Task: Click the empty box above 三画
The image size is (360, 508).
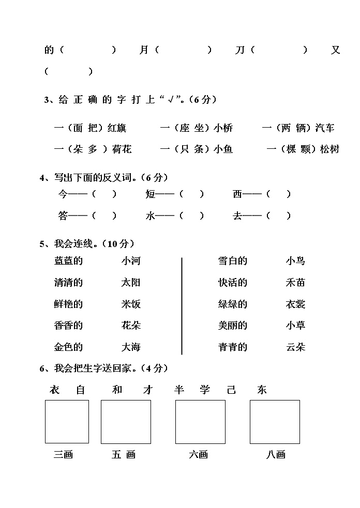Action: [x=67, y=422]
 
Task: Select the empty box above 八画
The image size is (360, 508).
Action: [x=275, y=422]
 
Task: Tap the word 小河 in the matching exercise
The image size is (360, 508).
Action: [x=131, y=261]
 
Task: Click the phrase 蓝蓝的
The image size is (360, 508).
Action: [x=68, y=261]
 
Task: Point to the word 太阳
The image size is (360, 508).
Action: [x=131, y=283]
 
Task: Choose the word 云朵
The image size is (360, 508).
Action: [x=295, y=347]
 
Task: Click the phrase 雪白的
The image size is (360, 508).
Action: [x=233, y=261]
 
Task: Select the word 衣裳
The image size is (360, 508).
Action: [x=295, y=304]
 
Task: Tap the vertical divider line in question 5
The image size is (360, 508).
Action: [x=182, y=306]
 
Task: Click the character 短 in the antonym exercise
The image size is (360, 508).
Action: [x=151, y=194]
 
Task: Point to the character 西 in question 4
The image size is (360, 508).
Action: [x=238, y=194]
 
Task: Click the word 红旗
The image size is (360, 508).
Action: [x=116, y=128]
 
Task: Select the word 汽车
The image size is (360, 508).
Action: [x=325, y=128]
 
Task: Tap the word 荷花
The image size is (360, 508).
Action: [x=122, y=149]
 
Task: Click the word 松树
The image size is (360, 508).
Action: [x=329, y=149]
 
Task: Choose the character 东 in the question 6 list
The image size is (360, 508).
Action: [x=262, y=390]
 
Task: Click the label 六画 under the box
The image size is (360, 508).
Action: [x=198, y=455]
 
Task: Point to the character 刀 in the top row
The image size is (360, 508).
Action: [x=239, y=50]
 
